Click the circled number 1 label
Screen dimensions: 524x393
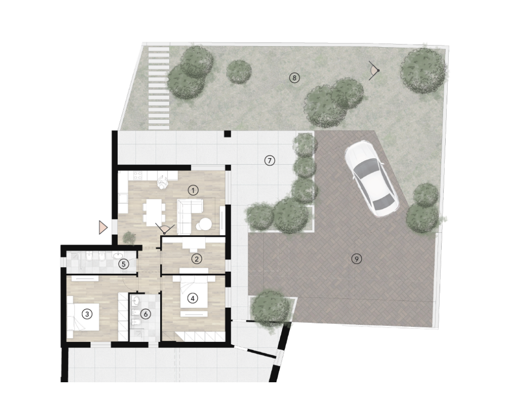click(193, 190)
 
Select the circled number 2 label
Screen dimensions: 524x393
click(196, 258)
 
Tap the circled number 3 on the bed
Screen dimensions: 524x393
click(87, 314)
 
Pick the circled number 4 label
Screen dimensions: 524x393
click(192, 298)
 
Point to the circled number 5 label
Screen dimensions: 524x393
click(124, 264)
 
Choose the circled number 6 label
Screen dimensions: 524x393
click(145, 314)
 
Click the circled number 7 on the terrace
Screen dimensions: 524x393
click(270, 161)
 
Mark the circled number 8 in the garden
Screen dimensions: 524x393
click(294, 78)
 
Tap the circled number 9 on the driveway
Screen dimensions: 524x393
click(357, 258)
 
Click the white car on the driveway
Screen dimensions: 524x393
click(372, 179)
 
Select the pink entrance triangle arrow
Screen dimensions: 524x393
click(103, 227)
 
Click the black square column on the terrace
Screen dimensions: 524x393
click(227, 134)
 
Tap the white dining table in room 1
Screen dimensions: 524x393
click(154, 211)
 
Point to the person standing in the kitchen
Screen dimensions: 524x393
click(163, 183)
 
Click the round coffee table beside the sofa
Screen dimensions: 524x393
click(204, 224)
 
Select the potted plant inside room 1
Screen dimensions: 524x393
click(128, 237)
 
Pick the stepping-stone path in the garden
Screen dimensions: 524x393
click(159, 88)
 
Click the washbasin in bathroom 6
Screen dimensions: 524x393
click(136, 301)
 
